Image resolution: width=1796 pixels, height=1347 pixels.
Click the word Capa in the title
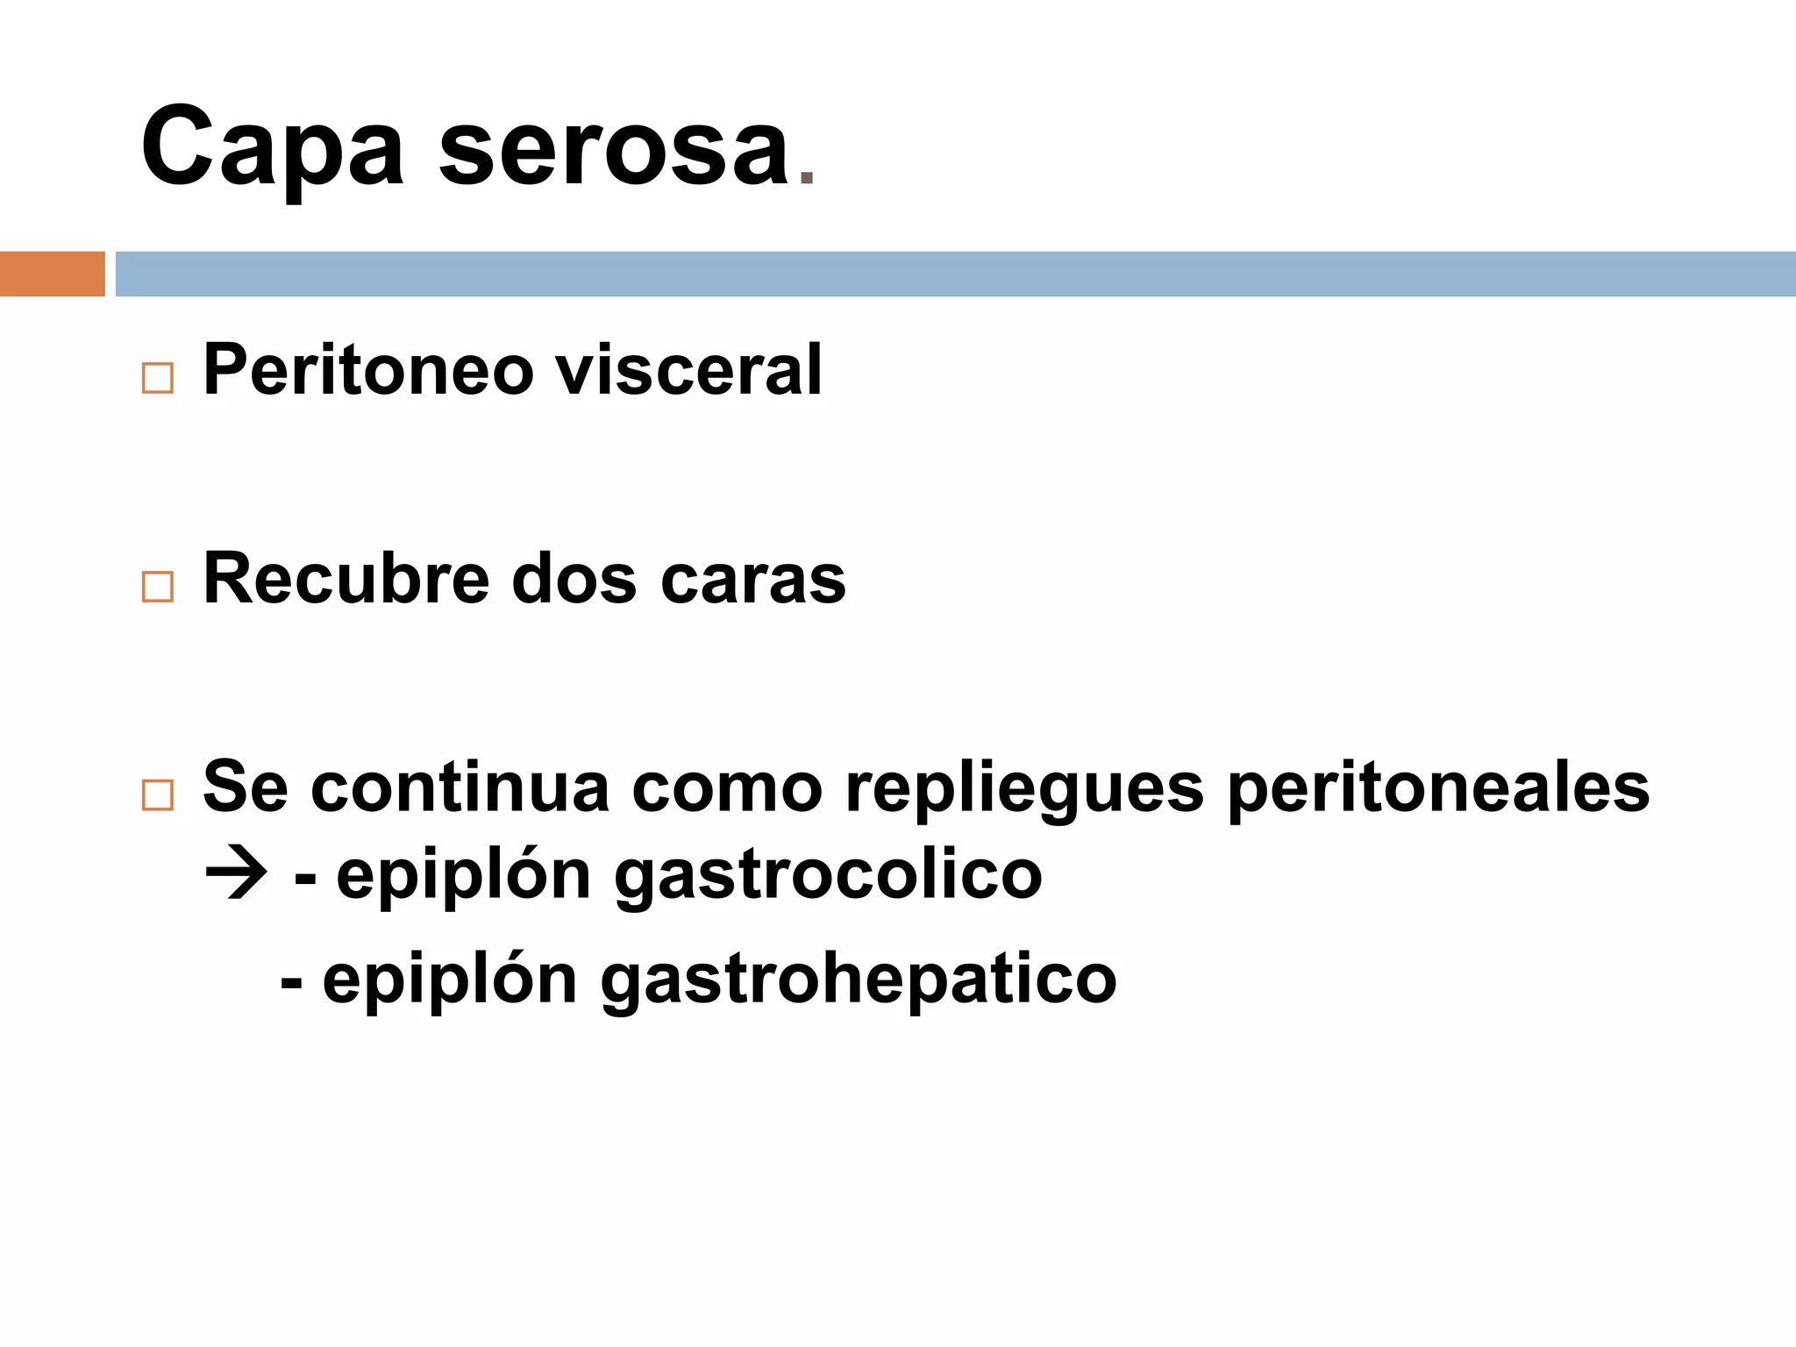(x=272, y=147)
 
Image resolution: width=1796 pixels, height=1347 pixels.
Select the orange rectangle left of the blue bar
(x=52, y=274)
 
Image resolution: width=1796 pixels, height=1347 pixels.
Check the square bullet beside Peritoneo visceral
(x=158, y=379)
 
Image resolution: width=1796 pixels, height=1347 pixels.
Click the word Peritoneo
(x=368, y=371)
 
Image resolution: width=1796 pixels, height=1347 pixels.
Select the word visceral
(x=689, y=371)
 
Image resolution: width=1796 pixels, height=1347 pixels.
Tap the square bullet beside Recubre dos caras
(x=158, y=587)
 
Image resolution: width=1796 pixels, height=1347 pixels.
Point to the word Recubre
(x=346, y=579)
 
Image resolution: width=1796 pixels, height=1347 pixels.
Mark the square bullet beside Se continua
(x=158, y=795)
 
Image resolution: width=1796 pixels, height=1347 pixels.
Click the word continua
(x=460, y=788)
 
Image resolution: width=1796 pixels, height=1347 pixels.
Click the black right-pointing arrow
(x=236, y=874)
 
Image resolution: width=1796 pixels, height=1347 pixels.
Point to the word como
(x=727, y=788)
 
